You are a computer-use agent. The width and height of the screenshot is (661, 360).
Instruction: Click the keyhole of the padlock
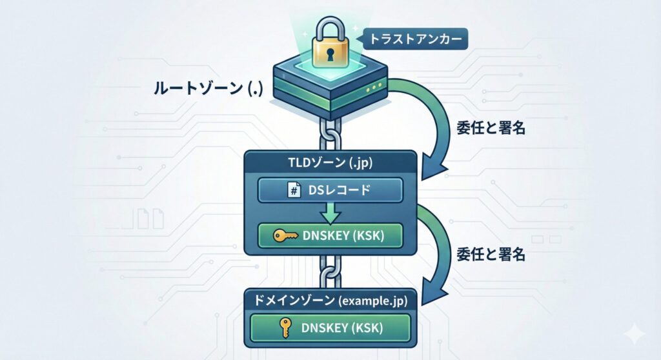[330, 54]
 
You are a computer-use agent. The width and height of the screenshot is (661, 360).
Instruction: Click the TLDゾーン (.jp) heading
[330, 163]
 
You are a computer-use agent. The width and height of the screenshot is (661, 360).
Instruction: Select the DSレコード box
[330, 191]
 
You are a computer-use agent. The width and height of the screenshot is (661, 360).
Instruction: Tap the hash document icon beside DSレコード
[292, 191]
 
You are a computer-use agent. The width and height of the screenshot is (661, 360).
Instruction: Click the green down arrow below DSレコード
[330, 213]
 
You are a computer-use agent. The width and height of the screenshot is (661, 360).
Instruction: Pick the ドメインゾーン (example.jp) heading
[330, 299]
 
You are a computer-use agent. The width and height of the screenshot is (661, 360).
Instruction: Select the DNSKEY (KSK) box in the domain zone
[330, 327]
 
